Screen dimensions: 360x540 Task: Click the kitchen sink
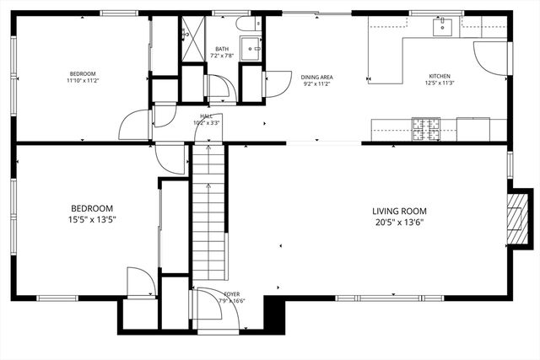pos(442,27)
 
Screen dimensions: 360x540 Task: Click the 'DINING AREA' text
pos(316,77)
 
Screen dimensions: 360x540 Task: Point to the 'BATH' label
pos(222,49)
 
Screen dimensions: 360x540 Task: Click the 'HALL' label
pos(206,116)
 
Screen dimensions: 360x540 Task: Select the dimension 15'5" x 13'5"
pos(92,219)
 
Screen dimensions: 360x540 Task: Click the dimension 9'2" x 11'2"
pos(316,83)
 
